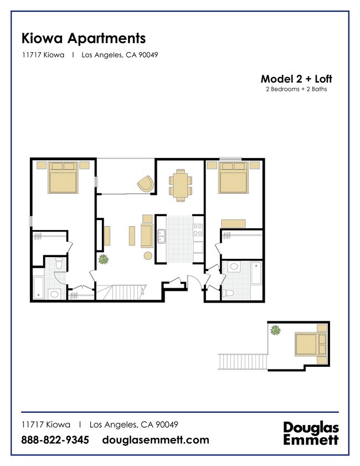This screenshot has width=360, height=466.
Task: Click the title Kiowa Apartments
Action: [83, 38]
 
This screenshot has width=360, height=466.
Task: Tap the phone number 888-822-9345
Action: [55, 440]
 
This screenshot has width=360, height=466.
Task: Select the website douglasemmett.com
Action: [156, 440]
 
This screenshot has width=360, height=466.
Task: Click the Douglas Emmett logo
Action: [311, 433]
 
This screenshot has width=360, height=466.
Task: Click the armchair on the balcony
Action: [146, 183]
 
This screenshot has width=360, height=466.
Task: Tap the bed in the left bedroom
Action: [63, 178]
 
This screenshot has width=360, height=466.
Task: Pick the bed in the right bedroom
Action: [233, 178]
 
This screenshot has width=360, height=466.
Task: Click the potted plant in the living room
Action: [103, 259]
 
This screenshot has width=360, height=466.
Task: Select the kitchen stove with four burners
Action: [198, 229]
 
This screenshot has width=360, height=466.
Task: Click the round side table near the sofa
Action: [148, 255]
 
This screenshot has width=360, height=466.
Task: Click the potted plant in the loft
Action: [275, 330]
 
